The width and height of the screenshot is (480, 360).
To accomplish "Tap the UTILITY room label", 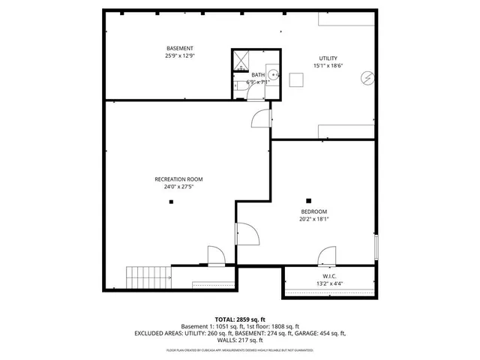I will pyautogui.click(x=328, y=58).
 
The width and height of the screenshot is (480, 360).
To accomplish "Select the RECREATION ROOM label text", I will pyautogui.click(x=178, y=179).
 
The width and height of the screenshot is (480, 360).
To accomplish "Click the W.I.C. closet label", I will pyautogui.click(x=328, y=275).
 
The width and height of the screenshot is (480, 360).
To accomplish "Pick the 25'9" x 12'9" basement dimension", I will pyautogui.click(x=179, y=55).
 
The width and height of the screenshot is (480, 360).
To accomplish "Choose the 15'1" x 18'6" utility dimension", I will pyautogui.click(x=328, y=66).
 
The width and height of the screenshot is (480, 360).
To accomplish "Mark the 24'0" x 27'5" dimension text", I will pyautogui.click(x=178, y=187).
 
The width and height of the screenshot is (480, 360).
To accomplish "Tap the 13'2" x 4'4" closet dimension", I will pyautogui.click(x=328, y=283).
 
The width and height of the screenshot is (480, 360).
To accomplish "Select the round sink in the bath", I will pyautogui.click(x=274, y=74).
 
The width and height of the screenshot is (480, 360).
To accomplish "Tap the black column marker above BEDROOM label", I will pyautogui.click(x=308, y=199).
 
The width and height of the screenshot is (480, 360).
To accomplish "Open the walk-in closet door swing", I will pyautogui.click(x=327, y=256).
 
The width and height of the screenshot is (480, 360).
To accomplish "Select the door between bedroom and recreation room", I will pyautogui.click(x=247, y=234).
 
